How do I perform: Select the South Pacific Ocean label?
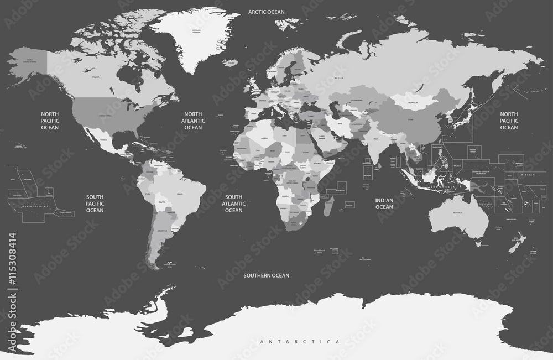pyautogui.click(x=95, y=203)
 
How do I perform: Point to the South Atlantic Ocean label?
pyautogui.click(x=233, y=203)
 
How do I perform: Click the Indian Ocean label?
pyautogui.click(x=384, y=203)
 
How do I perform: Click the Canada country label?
pyautogui.click(x=95, y=77)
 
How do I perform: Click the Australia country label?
pyautogui.click(x=458, y=213)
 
